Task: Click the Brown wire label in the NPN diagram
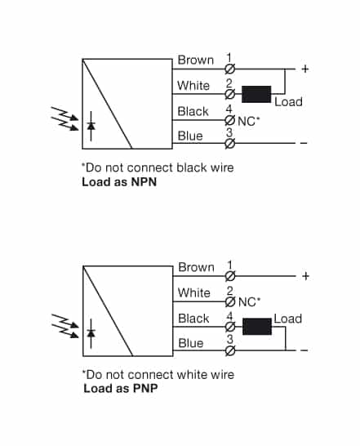tap(196, 60)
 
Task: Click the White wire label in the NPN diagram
tap(193, 86)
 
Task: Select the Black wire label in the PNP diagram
tap(193, 319)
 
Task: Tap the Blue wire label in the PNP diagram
tap(190, 343)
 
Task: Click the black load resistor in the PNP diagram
tap(257, 327)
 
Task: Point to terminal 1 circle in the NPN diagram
tap(229, 69)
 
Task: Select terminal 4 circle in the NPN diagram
tap(229, 120)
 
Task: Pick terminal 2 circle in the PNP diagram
tap(229, 301)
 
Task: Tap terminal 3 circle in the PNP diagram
tap(229, 351)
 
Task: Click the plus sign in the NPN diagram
tap(304, 69)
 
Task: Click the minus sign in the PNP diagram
tap(304, 351)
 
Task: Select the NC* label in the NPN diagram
tap(248, 121)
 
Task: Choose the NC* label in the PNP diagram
tap(248, 301)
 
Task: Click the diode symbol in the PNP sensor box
tap(91, 333)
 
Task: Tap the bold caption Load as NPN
tap(119, 182)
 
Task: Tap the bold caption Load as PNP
tap(121, 389)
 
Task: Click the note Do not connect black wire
tap(158, 167)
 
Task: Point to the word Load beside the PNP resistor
tap(287, 319)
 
